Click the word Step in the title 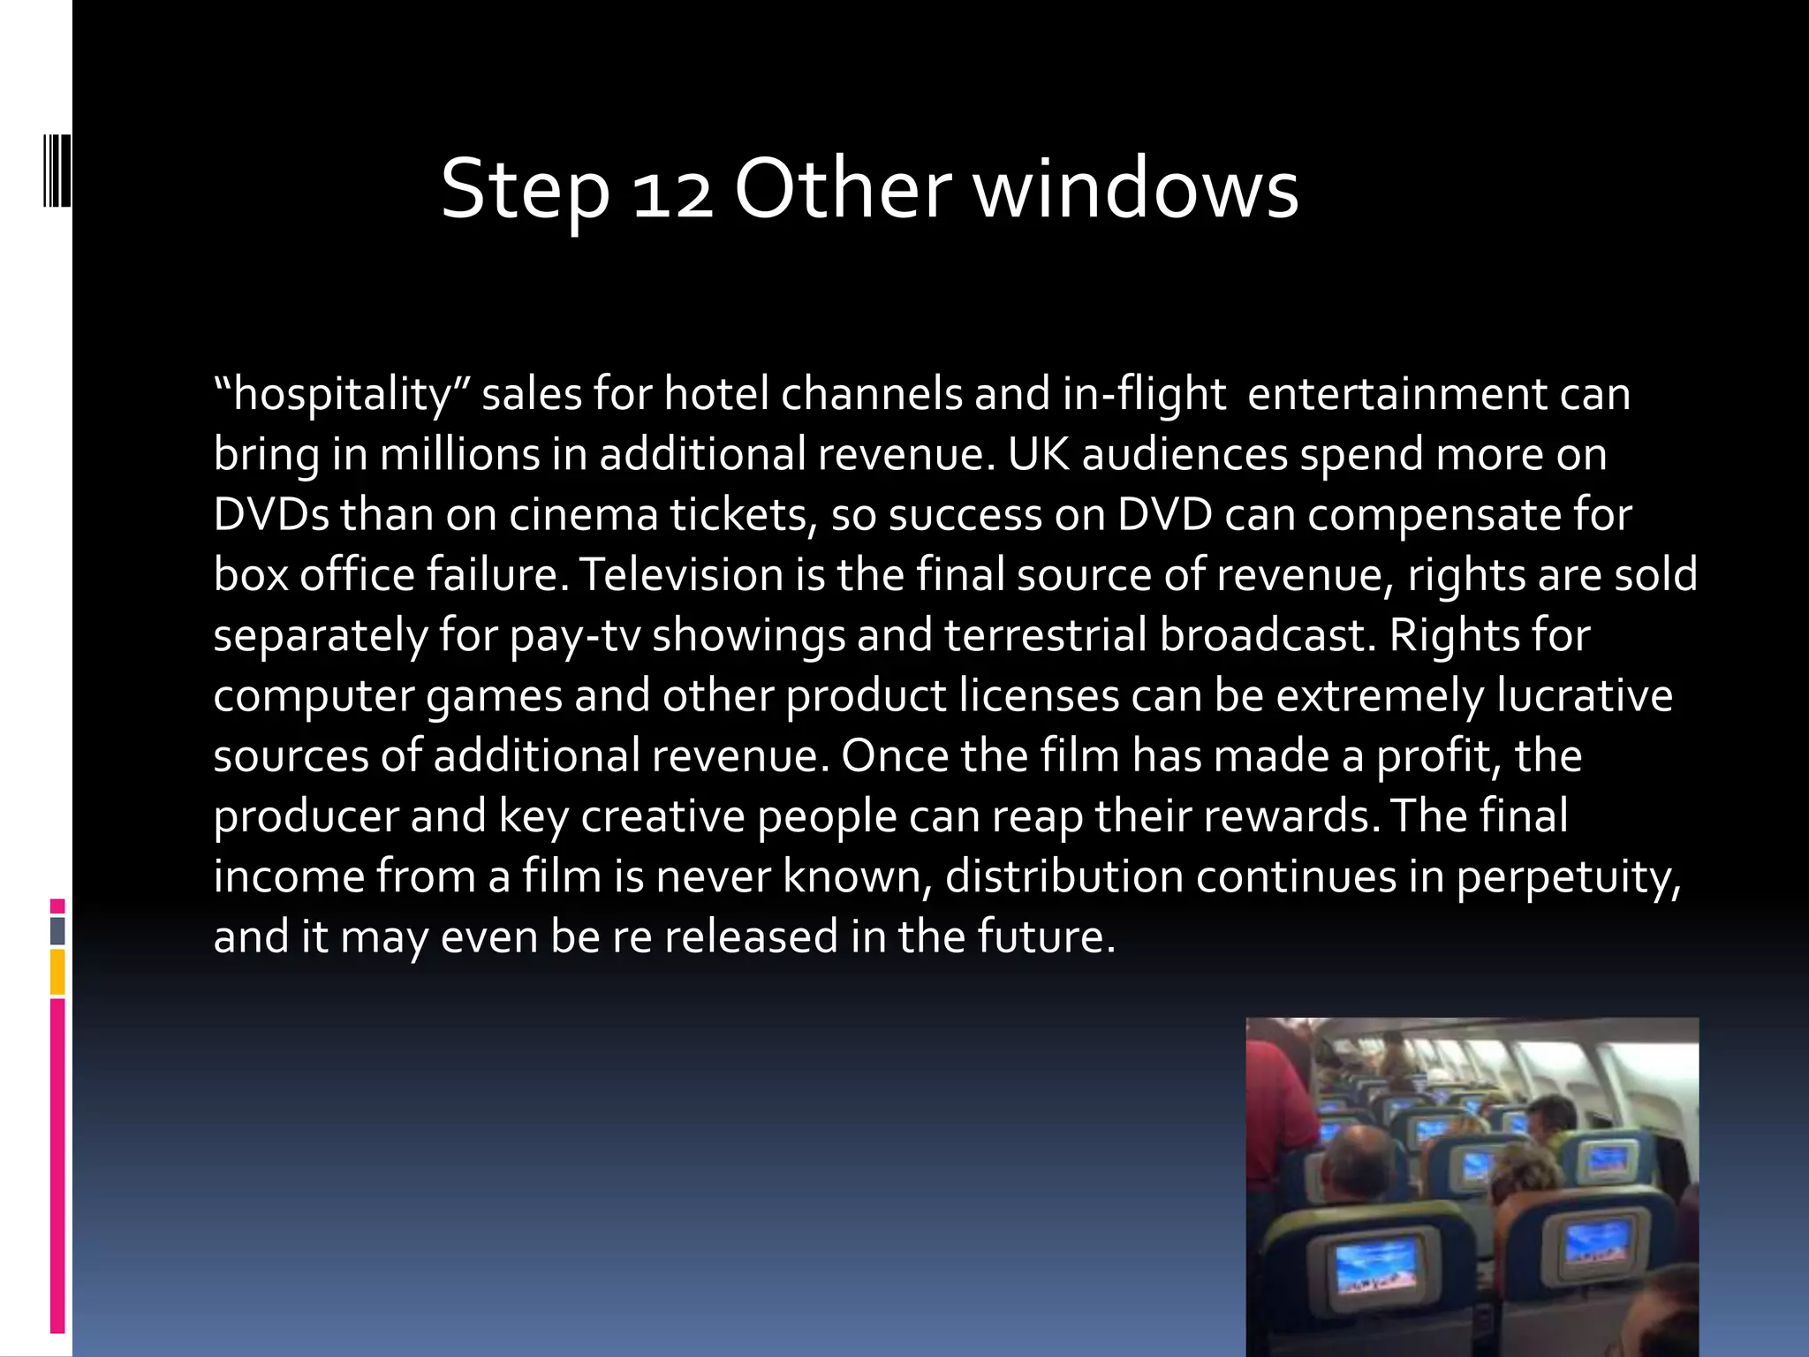525,189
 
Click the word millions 459,454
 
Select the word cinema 584,514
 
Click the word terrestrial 1046,634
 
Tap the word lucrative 1585,694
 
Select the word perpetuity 1568,878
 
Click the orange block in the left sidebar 57,972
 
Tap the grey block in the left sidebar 57,930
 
